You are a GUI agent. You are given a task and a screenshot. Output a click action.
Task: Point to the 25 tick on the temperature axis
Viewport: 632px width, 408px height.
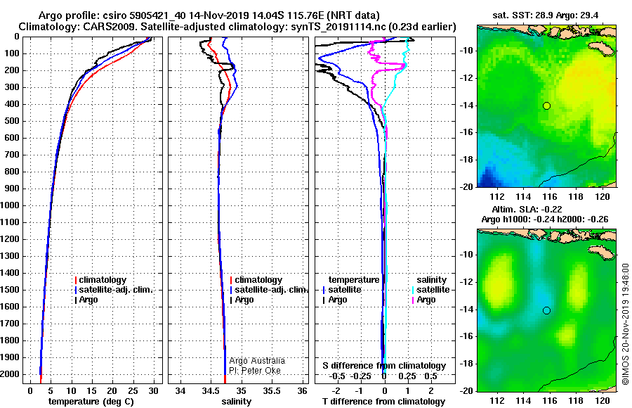pos(133,390)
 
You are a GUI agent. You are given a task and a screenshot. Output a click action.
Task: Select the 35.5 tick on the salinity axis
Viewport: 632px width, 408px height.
pos(272,390)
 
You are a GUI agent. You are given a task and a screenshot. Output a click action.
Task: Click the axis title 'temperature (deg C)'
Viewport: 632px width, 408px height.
pos(91,401)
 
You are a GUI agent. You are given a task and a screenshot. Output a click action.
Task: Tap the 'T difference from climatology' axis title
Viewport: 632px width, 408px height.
pos(383,401)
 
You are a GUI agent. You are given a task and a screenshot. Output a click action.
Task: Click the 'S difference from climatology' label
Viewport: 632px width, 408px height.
pos(384,366)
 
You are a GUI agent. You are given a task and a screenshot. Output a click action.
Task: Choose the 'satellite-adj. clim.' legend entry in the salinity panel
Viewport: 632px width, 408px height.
pos(269,290)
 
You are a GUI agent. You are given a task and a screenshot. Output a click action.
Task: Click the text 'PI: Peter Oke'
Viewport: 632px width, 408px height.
pos(255,371)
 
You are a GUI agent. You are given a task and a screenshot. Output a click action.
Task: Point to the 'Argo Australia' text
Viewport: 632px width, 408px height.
pos(257,360)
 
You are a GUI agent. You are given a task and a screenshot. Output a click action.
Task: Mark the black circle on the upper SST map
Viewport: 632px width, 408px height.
pos(546,106)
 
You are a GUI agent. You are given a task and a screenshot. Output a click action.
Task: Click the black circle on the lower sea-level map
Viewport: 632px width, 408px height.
pos(546,310)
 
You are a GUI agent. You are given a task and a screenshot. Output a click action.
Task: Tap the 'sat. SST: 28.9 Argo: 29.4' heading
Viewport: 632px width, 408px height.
pos(546,15)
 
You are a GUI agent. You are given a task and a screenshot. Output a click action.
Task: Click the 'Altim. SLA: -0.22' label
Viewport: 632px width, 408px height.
pos(527,209)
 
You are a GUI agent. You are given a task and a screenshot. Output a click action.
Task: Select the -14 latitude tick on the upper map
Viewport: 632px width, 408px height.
pos(467,105)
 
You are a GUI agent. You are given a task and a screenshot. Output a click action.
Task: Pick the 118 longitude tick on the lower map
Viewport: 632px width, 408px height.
pos(576,400)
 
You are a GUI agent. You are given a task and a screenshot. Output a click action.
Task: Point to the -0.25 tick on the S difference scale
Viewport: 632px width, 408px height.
pos(361,376)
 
